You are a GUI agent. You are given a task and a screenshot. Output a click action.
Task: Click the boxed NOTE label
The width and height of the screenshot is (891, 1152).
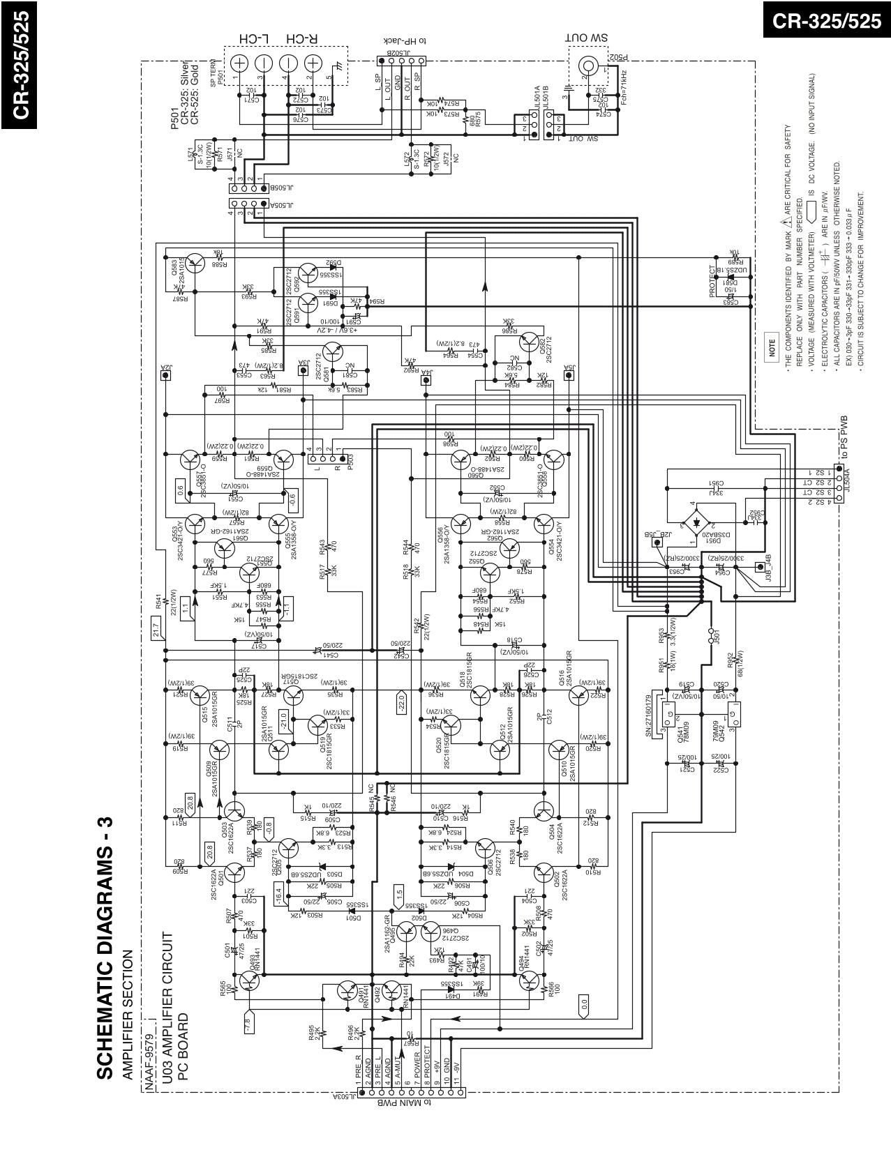pyautogui.click(x=772, y=347)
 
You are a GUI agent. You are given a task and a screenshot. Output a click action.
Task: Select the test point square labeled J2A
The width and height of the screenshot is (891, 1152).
pyautogui.click(x=166, y=375)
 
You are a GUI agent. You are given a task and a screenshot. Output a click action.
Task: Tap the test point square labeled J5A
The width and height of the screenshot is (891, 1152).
pyautogui.click(x=569, y=375)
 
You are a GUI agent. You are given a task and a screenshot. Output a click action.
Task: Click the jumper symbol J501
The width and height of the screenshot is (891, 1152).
pyautogui.click(x=712, y=635)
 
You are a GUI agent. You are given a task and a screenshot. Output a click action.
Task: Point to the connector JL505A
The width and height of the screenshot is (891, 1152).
pyautogui.click(x=248, y=205)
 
